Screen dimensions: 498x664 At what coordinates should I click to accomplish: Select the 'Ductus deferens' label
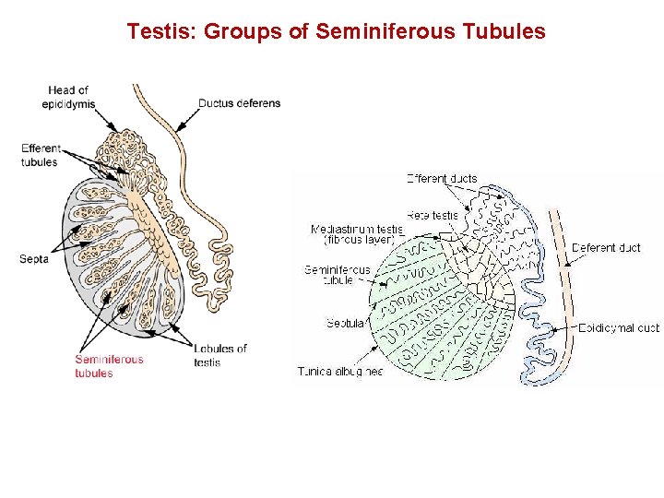241,103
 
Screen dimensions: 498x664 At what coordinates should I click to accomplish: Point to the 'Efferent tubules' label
41,155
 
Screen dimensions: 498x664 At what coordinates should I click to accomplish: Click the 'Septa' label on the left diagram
33,259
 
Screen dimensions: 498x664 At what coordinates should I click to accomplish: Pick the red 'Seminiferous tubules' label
109,366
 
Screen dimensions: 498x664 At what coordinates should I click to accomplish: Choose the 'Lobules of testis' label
220,355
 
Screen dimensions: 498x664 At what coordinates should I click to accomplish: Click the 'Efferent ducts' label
442,179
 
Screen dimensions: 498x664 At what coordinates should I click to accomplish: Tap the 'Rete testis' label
433,216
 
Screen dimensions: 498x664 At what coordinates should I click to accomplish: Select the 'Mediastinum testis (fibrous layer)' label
357,234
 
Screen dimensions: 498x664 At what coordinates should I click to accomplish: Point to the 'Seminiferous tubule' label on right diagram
338,275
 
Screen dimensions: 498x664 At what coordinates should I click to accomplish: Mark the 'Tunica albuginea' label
340,372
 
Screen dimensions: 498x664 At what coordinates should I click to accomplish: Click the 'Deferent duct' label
606,248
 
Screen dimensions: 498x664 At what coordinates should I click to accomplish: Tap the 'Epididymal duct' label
619,327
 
